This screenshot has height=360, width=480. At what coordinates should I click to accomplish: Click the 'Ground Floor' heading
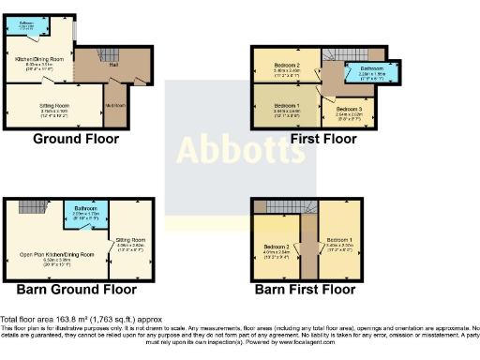click(76, 140)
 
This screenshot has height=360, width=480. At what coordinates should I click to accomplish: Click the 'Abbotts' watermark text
click(240, 149)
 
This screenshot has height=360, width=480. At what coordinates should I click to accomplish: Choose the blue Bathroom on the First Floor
click(370, 73)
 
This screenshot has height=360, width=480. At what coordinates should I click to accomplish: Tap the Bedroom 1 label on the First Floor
click(288, 107)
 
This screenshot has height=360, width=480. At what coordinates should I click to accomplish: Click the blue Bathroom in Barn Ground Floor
click(85, 215)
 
